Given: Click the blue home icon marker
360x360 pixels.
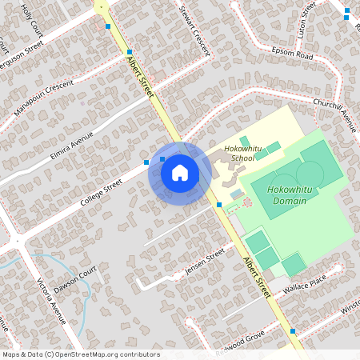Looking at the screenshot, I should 180,173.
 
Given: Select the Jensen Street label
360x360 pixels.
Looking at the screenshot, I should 205,262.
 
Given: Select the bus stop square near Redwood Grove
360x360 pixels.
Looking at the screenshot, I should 293,330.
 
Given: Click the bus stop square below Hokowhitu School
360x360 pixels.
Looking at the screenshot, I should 219,205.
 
